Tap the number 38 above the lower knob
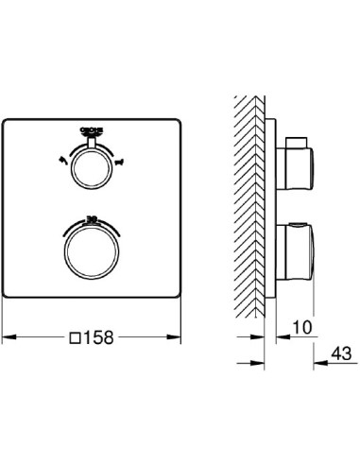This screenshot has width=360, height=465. point(93,218)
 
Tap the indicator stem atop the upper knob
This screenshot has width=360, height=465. point(93,146)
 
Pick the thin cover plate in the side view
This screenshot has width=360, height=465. point(273,208)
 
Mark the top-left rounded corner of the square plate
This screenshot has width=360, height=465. point(9,122)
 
